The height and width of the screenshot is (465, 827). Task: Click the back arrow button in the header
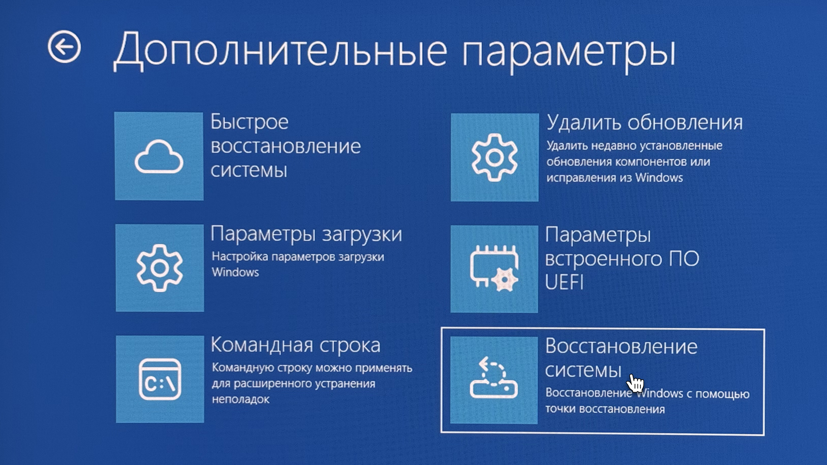[64, 46]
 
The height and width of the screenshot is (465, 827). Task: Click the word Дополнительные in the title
[280, 51]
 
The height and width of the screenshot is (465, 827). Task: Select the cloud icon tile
[159, 156]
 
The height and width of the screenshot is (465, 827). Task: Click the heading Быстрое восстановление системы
[286, 146]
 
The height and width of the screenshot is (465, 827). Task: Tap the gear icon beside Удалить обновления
[494, 157]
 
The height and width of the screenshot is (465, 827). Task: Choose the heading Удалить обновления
[645, 123]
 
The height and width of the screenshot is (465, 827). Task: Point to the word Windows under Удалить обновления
[659, 178]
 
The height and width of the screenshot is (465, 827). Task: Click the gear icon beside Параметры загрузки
[160, 268]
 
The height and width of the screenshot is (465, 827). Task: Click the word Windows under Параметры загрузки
[235, 272]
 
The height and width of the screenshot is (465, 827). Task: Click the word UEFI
[564, 282]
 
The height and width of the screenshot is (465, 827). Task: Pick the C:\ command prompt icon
[160, 379]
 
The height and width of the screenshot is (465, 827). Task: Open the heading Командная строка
[295, 345]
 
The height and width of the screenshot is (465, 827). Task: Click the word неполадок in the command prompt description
[240, 400]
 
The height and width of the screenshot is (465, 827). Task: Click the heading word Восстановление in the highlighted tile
[621, 347]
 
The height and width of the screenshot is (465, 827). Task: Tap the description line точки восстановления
[605, 409]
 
